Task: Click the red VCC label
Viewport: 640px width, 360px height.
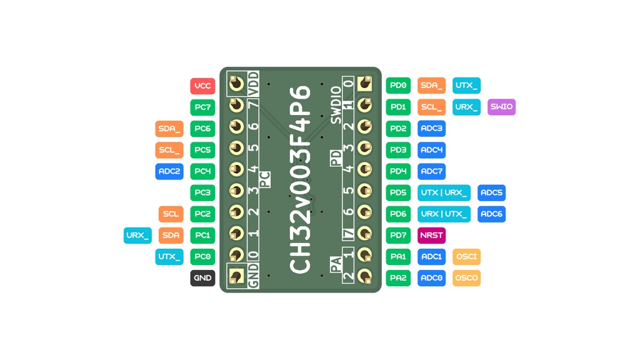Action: [202, 86]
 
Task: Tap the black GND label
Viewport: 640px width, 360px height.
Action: [202, 278]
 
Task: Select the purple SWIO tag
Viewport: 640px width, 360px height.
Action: [501, 107]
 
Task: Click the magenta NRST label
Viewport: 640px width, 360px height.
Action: [431, 235]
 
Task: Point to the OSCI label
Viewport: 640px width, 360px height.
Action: [466, 257]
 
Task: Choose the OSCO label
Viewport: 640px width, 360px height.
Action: [466, 278]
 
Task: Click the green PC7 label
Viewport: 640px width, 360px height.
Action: [202, 107]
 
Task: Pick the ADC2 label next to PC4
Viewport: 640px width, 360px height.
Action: [169, 171]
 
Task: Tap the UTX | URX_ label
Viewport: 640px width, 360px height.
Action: [444, 192]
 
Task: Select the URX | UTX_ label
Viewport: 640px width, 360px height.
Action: [444, 214]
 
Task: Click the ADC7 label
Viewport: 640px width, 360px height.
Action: [431, 171]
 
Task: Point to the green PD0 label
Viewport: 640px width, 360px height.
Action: [398, 86]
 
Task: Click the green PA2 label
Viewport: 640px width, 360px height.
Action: [398, 278]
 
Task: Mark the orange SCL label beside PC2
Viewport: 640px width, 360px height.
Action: [171, 214]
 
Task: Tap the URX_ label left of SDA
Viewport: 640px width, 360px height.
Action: [137, 236]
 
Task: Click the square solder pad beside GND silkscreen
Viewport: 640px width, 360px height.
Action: [236, 276]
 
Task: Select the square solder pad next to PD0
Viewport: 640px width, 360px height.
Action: [364, 84]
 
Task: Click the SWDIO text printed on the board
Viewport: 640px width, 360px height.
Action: [336, 105]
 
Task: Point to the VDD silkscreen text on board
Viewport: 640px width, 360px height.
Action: [253, 84]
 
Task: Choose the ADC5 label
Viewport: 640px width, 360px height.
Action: [491, 192]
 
